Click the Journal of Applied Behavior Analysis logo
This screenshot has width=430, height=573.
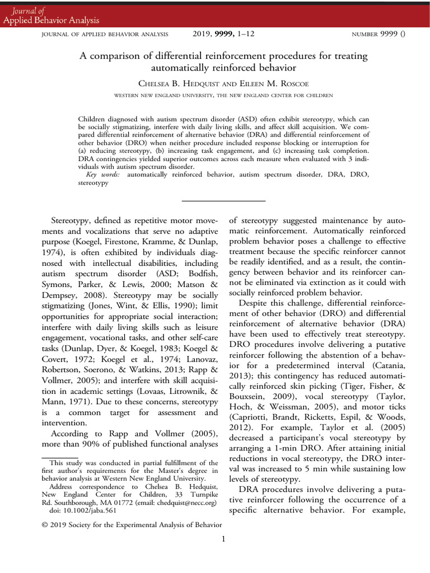click(x=51, y=16)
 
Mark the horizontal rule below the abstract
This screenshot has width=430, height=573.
click(x=223, y=200)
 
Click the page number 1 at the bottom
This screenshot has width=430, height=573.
click(x=223, y=539)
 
